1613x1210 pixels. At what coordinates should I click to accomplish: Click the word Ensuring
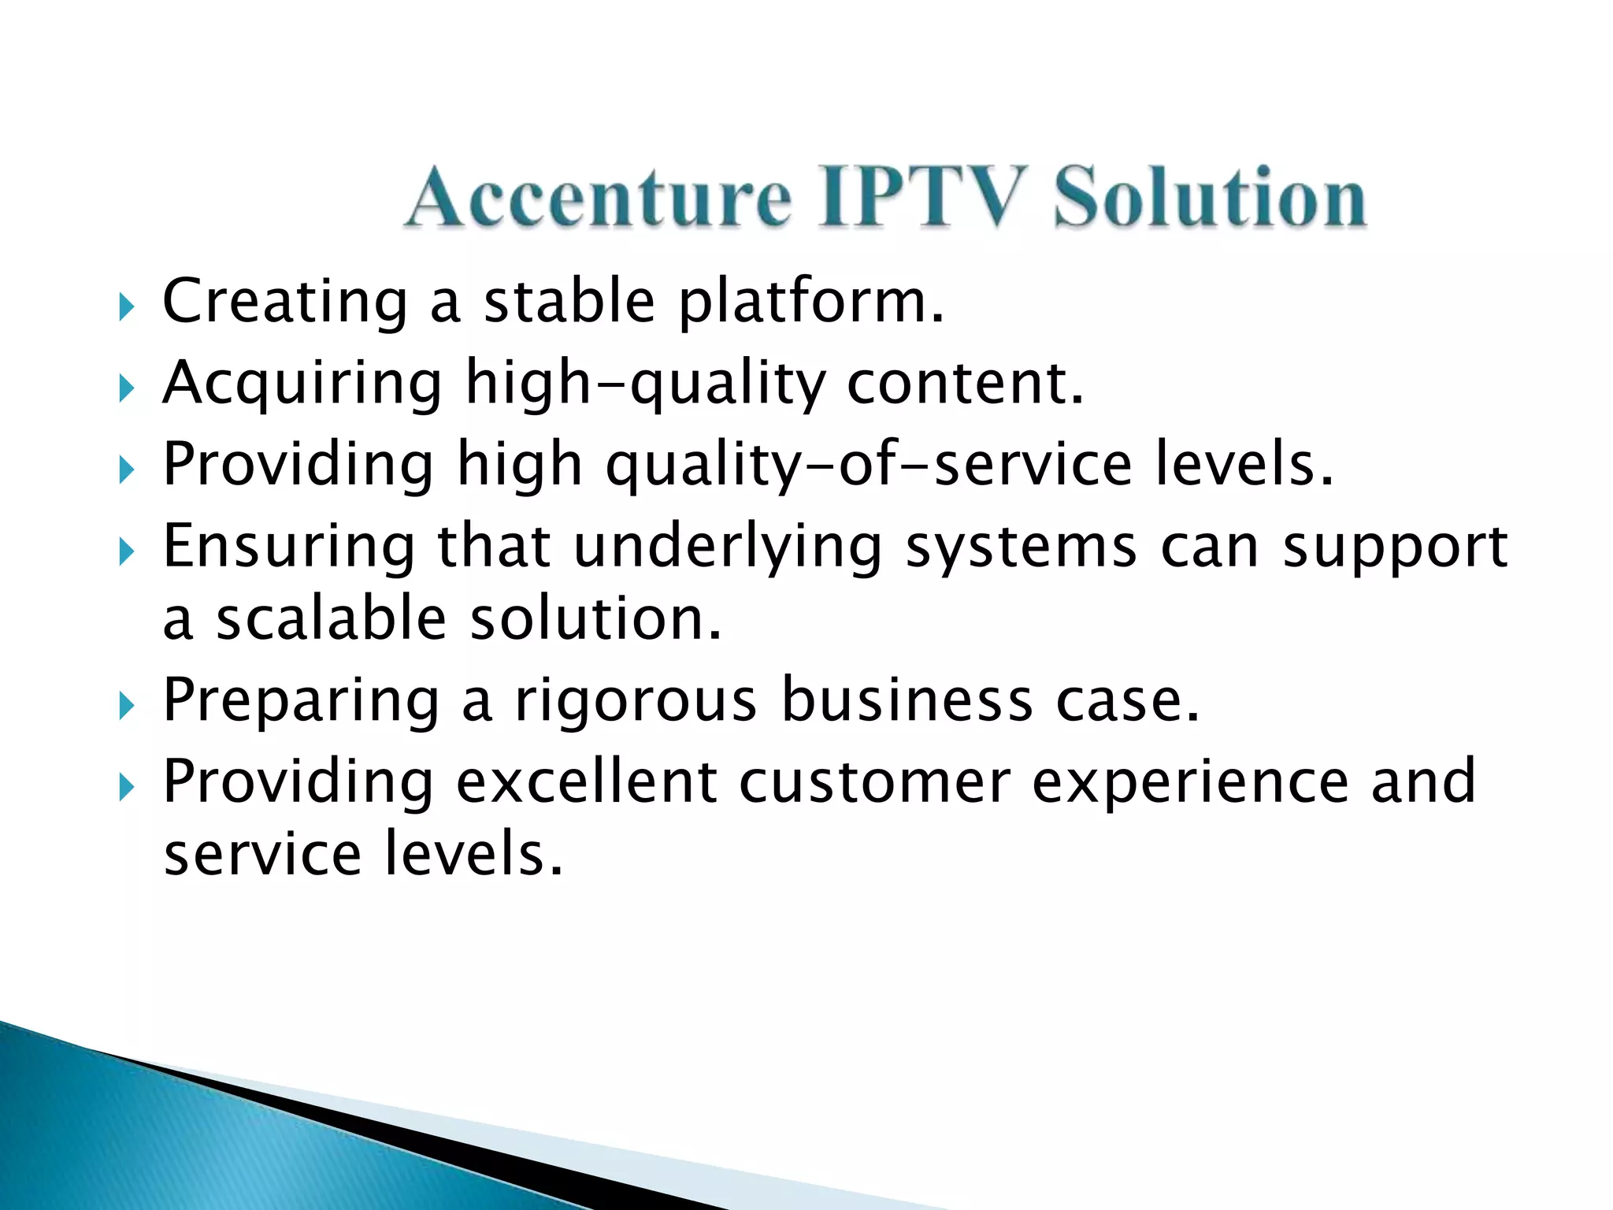pyautogui.click(x=288, y=547)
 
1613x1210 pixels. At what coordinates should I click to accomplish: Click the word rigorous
pyautogui.click(x=635, y=701)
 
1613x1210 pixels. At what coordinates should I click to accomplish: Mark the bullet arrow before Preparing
pyautogui.click(x=126, y=706)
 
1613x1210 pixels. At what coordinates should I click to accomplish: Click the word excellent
pyautogui.click(x=586, y=781)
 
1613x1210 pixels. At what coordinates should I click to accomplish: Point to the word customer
pyautogui.click(x=874, y=781)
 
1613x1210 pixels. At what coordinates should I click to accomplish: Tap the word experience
pyautogui.click(x=1190, y=783)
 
